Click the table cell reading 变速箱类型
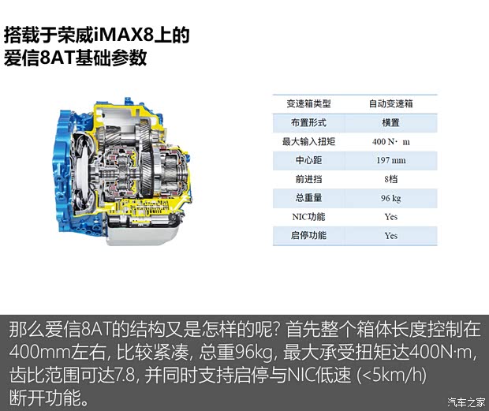tap(308, 103)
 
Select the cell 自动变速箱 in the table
tap(390, 103)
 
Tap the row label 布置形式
tap(308, 122)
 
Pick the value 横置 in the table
tap(390, 122)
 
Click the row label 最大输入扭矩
tap(308, 141)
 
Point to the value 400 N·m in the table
tap(390, 142)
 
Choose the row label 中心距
tap(308, 160)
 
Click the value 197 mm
tap(390, 161)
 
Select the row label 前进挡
tap(308, 179)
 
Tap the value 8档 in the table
tap(390, 179)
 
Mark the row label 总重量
tap(308, 198)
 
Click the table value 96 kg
tap(390, 198)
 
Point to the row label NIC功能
tap(308, 217)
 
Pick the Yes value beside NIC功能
tap(390, 217)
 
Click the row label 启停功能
tap(308, 235)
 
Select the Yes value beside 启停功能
tap(390, 236)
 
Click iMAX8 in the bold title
tap(124, 35)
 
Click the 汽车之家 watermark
tap(466, 402)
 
